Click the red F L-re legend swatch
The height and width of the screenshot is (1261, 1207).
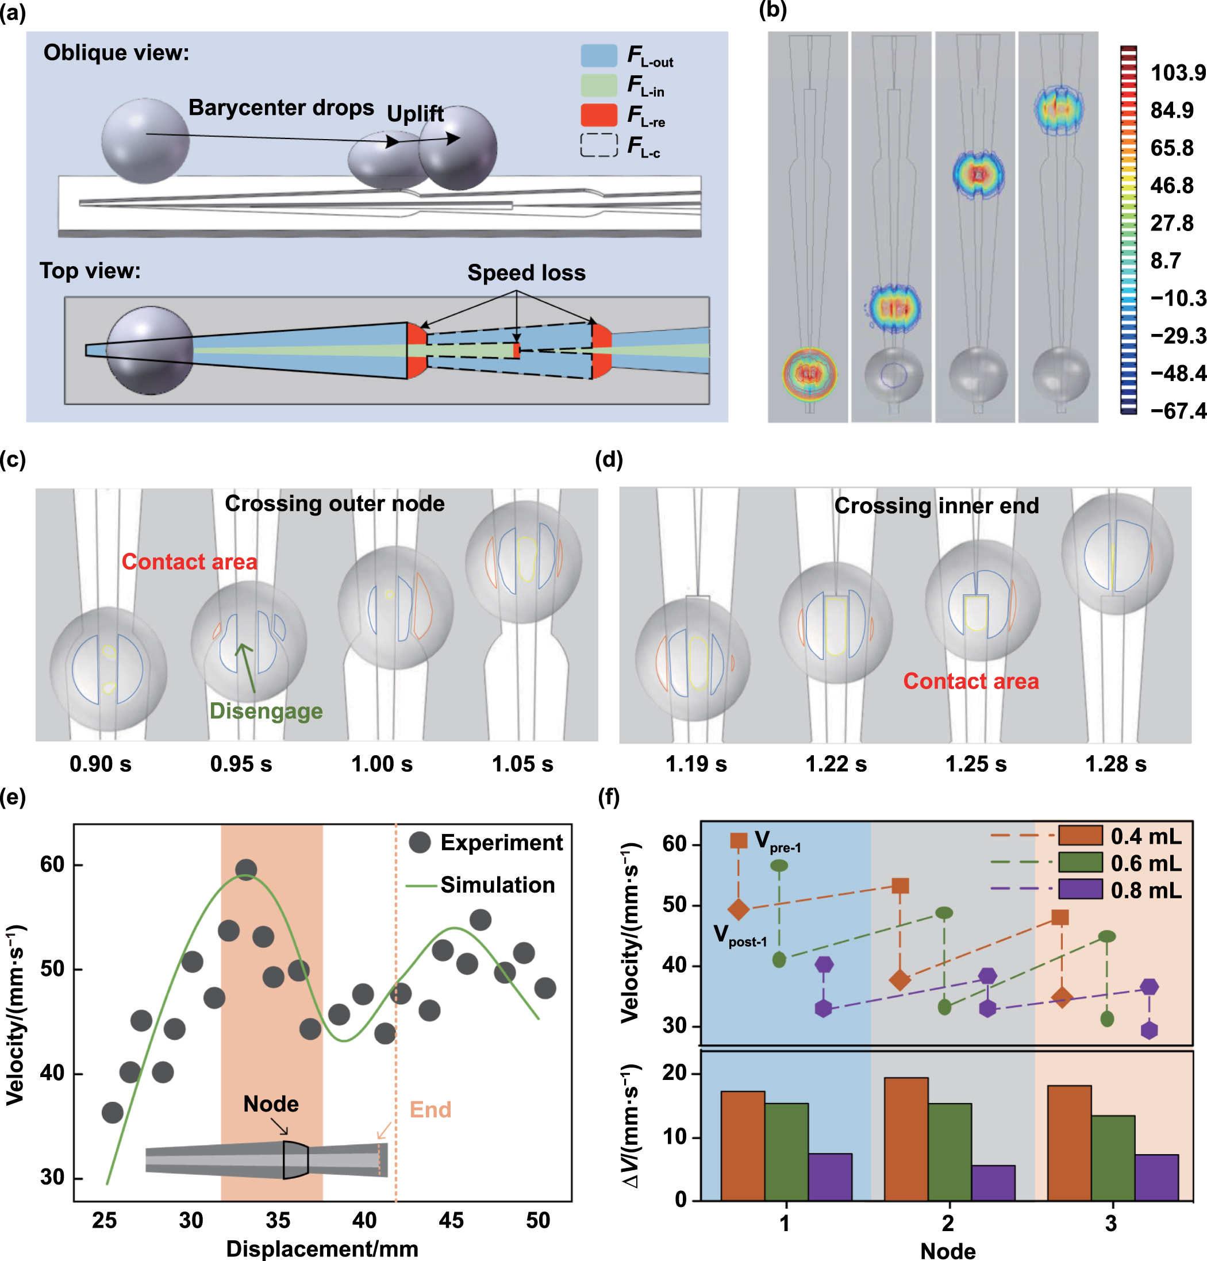598,115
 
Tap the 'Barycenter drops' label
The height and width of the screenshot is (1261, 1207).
281,107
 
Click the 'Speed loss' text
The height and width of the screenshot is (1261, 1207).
526,273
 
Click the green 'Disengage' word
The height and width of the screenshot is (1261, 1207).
266,711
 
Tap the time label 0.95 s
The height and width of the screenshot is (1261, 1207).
241,764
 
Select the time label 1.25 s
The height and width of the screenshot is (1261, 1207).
975,764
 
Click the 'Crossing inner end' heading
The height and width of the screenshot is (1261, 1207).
936,506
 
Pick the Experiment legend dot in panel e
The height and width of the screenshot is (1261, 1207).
420,842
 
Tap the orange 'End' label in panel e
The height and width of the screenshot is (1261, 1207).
430,1109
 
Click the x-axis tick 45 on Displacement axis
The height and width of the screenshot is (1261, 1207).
451,1220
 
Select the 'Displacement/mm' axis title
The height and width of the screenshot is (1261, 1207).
322,1248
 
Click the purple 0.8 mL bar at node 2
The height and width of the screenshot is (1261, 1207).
993,1182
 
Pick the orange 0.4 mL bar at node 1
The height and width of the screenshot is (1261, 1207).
743,1145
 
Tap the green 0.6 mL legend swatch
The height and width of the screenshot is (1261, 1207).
1080,863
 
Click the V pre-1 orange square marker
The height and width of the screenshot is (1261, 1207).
739,840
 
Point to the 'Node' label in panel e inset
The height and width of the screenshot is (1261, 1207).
271,1104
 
